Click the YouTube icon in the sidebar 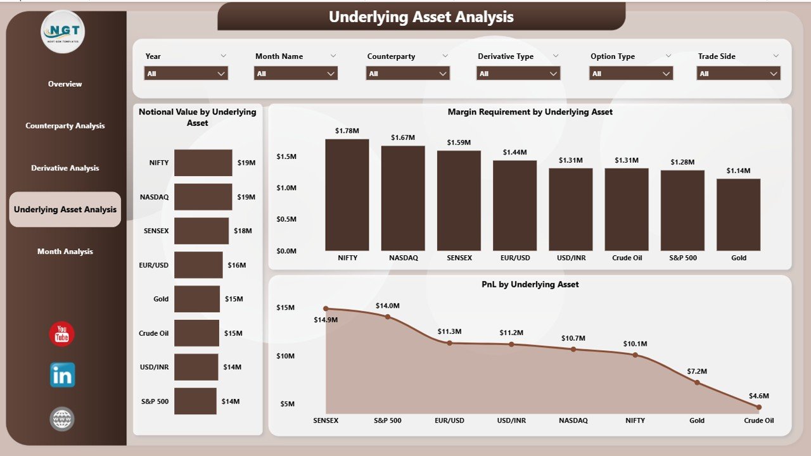(62, 334)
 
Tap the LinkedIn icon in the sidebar (62, 375)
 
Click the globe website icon (62, 419)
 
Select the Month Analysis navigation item (65, 251)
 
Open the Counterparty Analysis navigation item (65, 125)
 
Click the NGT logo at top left (62, 31)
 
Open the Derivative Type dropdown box (518, 73)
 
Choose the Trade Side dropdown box (739, 73)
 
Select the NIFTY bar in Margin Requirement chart (347, 195)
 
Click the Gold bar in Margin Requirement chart (738, 215)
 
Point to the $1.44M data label (514, 152)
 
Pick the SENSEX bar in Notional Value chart (201, 231)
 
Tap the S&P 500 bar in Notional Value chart (195, 401)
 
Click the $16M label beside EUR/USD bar (236, 265)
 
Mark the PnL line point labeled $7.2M (697, 383)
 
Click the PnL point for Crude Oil (758, 407)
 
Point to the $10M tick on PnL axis (285, 356)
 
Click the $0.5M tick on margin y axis (286, 219)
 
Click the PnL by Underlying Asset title (530, 284)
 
